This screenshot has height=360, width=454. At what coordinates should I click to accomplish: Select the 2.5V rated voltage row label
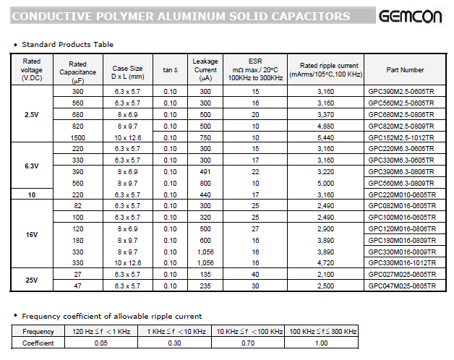[31, 114]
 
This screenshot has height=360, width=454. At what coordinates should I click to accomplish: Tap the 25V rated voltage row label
[31, 280]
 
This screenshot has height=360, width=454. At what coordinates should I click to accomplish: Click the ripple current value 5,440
[325, 137]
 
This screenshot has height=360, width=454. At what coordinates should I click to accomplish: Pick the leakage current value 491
[205, 172]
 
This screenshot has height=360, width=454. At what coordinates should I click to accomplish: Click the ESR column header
[255, 69]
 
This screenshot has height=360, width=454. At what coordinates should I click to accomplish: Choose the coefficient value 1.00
[323, 343]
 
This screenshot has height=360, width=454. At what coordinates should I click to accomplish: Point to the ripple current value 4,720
[325, 263]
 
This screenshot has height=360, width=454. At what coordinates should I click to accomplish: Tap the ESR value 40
[255, 275]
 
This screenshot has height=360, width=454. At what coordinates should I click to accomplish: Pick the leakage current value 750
[205, 137]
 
